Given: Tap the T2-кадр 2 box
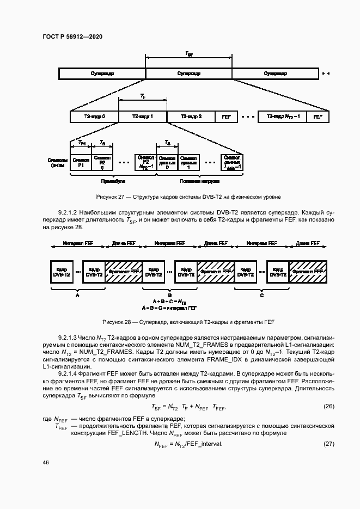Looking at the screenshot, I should tap(191, 116).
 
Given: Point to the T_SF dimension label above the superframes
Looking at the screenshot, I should tap(188, 54).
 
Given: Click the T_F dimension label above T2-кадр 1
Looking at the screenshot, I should tap(142, 96).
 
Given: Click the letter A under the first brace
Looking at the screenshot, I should tap(77, 295).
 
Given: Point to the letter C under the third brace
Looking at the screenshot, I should tap(262, 295).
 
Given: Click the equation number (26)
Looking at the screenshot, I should tap(328, 406).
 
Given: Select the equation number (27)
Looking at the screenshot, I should tap(328, 444).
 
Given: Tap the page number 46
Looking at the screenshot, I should tap(46, 462).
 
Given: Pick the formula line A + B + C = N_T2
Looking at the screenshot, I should tap(169, 302).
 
